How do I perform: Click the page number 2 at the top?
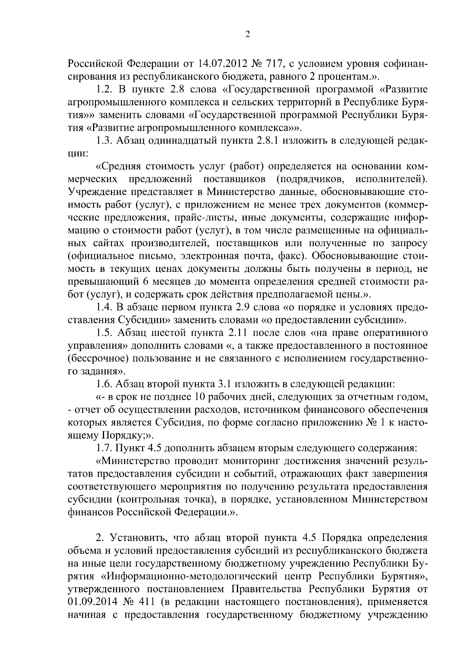point(248,35)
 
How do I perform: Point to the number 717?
point(278,64)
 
